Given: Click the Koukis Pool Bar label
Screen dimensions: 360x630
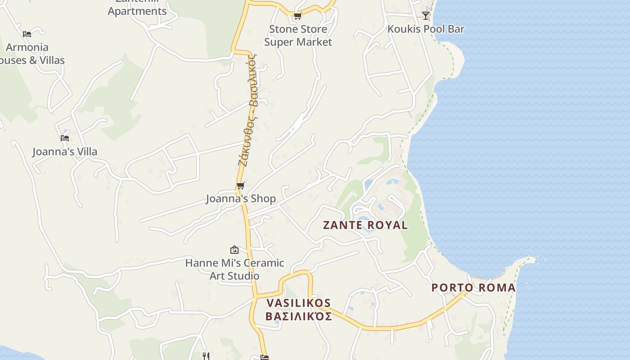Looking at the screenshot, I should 426,29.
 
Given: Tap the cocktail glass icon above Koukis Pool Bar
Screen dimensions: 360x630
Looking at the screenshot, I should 426,16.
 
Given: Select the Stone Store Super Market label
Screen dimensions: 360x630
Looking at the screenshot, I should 298,36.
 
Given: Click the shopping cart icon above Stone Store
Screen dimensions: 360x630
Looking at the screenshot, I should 297,16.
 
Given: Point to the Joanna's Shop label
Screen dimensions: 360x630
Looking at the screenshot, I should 241,198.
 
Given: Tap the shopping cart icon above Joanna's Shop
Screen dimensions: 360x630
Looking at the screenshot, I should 241,185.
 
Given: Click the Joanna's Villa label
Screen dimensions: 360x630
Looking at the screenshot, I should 65,152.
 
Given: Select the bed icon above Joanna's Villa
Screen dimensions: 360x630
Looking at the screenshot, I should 65,138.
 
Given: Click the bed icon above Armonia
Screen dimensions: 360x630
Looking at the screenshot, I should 27,34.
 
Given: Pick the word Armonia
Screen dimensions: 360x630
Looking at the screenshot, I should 27,47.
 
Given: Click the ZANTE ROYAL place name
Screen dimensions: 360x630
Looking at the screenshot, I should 365,225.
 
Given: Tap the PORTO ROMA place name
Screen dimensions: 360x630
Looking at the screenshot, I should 473,288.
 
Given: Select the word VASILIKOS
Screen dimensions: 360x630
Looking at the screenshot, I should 298,303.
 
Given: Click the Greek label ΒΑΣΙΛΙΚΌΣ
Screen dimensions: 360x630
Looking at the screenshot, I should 298,316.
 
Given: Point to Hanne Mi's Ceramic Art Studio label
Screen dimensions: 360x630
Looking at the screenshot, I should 234,269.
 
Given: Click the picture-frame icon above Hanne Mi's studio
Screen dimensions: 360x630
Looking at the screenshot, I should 234,250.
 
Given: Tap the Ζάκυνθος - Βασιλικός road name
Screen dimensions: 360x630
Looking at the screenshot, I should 248,110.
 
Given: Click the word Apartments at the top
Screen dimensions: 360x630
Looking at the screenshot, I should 137,11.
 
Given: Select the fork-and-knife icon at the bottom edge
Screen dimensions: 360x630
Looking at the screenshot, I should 206,356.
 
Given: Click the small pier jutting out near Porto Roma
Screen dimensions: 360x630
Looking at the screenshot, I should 531,259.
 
